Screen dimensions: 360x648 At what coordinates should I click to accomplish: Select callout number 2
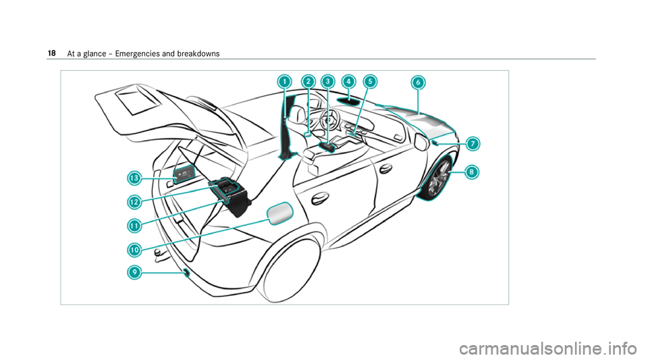(x=308, y=81)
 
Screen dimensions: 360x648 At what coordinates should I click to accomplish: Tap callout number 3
(x=327, y=81)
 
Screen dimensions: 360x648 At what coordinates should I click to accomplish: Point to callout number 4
(x=348, y=81)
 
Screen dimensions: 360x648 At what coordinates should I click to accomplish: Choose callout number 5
(x=369, y=81)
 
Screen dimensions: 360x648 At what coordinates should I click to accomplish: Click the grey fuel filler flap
(x=281, y=214)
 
